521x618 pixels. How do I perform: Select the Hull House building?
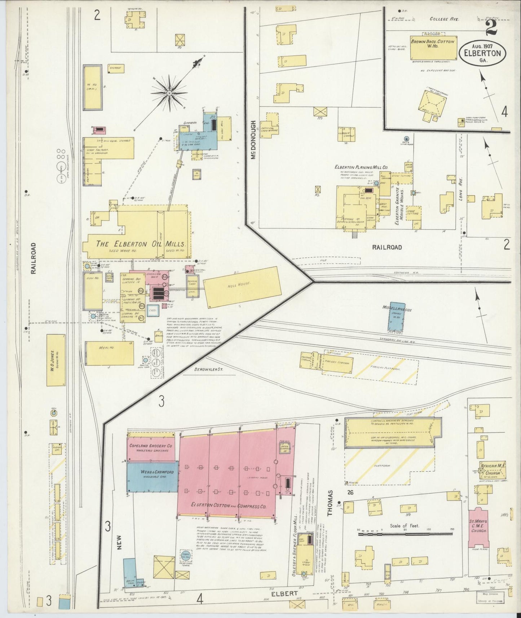tap(242, 287)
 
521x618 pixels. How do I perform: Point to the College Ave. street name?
tap(444, 19)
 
